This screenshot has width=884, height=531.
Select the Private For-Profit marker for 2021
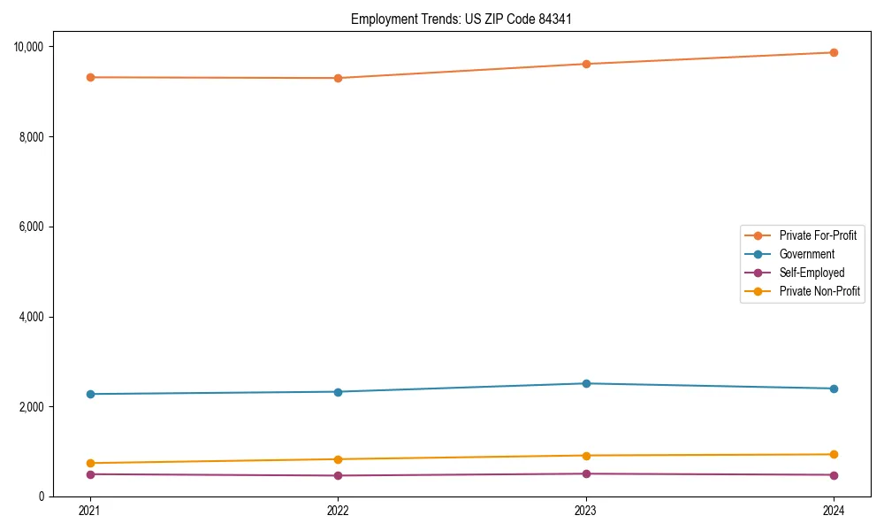point(89,77)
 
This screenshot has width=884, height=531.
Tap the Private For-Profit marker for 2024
point(834,52)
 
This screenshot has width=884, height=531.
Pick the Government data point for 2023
point(585,383)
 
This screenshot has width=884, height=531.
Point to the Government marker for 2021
point(89,394)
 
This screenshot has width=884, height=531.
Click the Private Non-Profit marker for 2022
point(338,459)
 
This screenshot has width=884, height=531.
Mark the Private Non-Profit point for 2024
point(834,454)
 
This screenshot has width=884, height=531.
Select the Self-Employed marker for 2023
point(585,473)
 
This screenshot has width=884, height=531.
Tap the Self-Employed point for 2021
point(89,474)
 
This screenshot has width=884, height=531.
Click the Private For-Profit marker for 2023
point(585,64)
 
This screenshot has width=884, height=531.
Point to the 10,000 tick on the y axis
point(33,46)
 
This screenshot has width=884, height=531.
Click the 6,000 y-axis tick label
point(35,227)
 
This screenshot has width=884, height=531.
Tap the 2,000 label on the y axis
point(35,406)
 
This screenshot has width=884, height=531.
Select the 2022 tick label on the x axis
point(338,510)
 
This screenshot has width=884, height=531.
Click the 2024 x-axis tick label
point(834,510)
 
